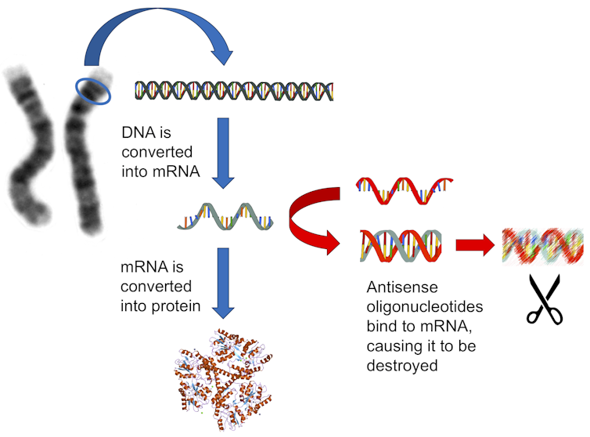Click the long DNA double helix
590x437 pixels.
point(235,91)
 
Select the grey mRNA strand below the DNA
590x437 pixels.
point(228,216)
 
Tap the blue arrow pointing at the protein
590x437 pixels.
point(224,282)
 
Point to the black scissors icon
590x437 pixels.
point(545,302)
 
